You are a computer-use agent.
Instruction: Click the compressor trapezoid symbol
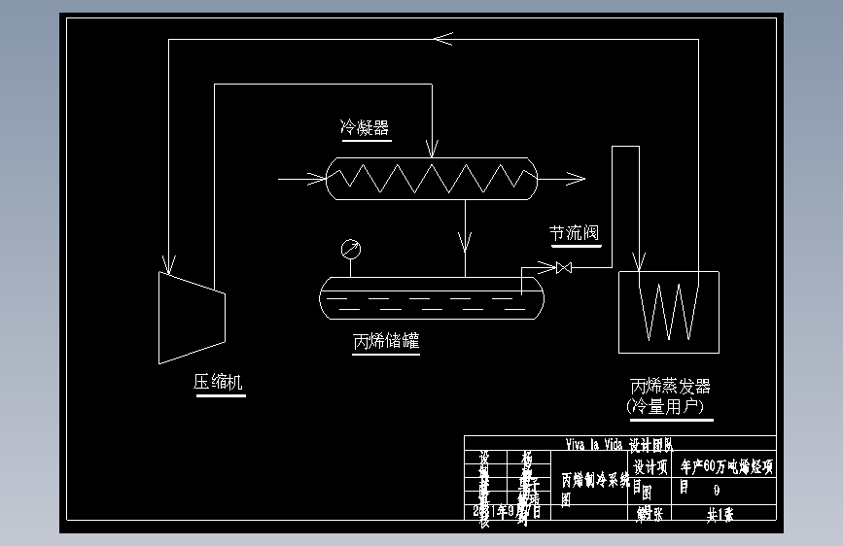pos(192,316)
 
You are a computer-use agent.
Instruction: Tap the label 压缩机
pos(219,383)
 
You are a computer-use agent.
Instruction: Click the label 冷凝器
pos(365,127)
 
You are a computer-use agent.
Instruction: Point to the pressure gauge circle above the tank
pos(350,250)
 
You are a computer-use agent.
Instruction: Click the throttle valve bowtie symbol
pos(562,267)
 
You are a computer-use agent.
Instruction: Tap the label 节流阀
pos(574,233)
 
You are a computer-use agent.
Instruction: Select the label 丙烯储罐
pos(386,341)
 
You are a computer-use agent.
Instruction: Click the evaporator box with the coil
pos(669,312)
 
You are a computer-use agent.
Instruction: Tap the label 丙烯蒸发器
pos(671,386)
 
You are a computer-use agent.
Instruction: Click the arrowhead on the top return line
pos(443,39)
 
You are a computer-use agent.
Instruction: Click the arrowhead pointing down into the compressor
pos(169,263)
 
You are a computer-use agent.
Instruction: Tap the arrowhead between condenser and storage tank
pos(467,238)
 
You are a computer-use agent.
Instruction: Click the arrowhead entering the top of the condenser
pos(431,150)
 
